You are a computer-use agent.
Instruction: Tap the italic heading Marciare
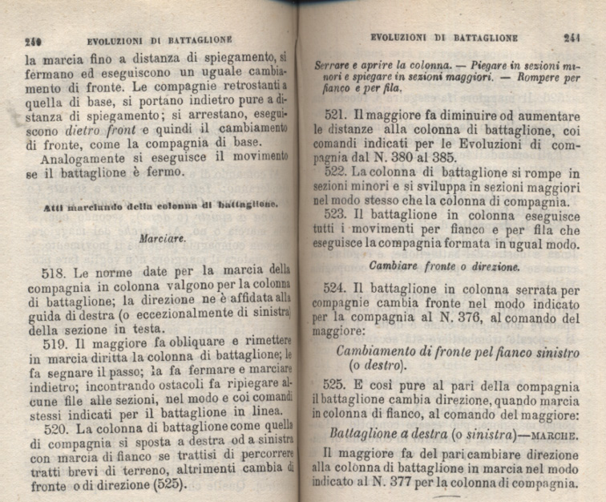(162, 238)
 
